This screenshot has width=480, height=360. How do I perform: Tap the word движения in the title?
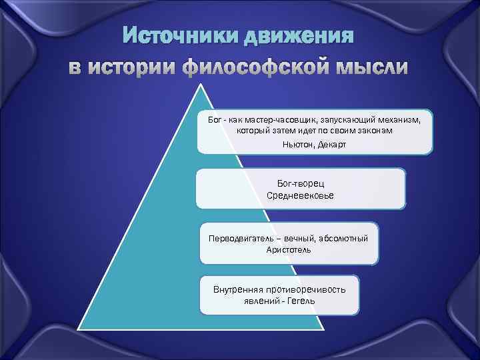[x=297, y=35]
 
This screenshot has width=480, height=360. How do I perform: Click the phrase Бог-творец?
[x=300, y=183]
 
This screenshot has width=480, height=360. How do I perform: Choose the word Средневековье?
[x=300, y=195]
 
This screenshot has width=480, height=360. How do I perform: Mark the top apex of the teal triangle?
[x=198, y=85]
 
